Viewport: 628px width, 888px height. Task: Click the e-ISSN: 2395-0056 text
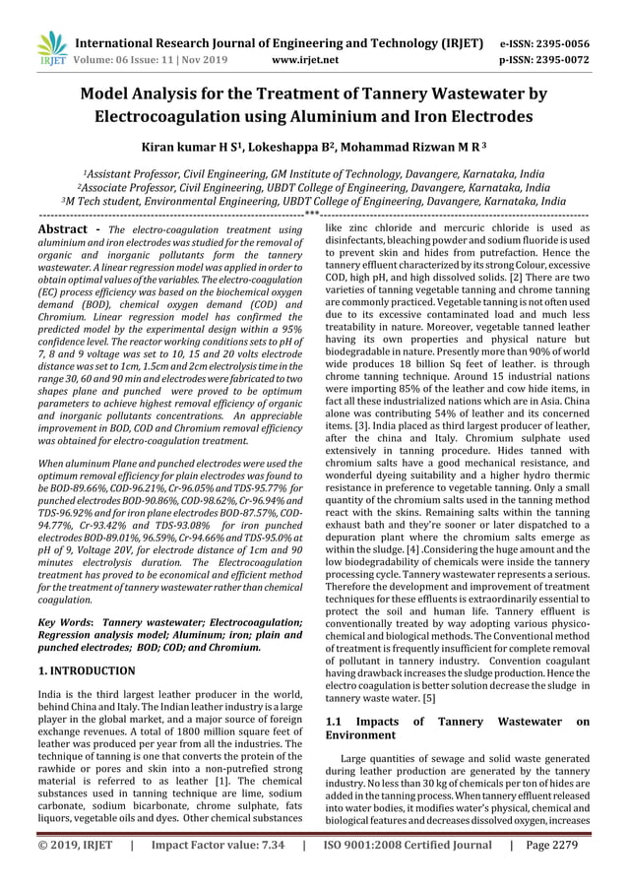[558, 44]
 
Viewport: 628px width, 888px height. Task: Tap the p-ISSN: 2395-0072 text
[558, 60]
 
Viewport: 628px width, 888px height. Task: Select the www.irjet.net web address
[305, 60]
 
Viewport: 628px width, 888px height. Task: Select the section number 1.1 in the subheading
[336, 723]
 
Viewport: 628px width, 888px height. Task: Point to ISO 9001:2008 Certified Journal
[408, 871]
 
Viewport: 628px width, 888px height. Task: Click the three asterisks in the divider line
[312, 214]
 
